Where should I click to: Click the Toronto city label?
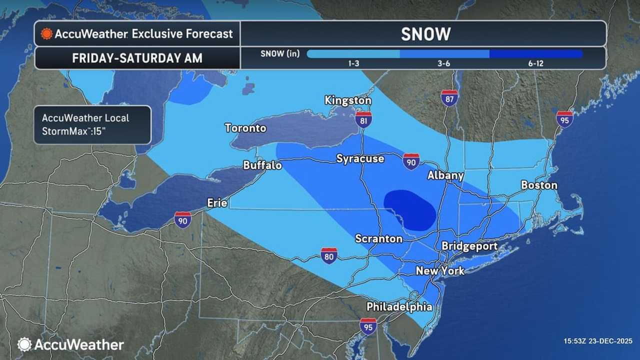[245, 128]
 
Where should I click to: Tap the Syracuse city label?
[360, 158]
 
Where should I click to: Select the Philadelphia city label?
[399, 306]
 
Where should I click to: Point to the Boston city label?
[539, 185]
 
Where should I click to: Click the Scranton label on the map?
[378, 238]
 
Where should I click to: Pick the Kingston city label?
[348, 100]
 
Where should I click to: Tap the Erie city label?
[217, 202]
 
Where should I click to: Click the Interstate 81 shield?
[363, 119]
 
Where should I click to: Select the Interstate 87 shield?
[449, 97]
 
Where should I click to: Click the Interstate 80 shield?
[328, 255]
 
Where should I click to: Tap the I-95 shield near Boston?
[564, 119]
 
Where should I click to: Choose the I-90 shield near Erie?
[182, 219]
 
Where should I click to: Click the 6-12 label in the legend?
[535, 64]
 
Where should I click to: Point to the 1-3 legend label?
[353, 64]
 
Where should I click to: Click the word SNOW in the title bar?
[425, 34]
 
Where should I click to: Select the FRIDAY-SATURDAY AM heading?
[137, 58]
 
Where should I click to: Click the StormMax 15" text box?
[92, 124]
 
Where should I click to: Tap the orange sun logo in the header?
[46, 34]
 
